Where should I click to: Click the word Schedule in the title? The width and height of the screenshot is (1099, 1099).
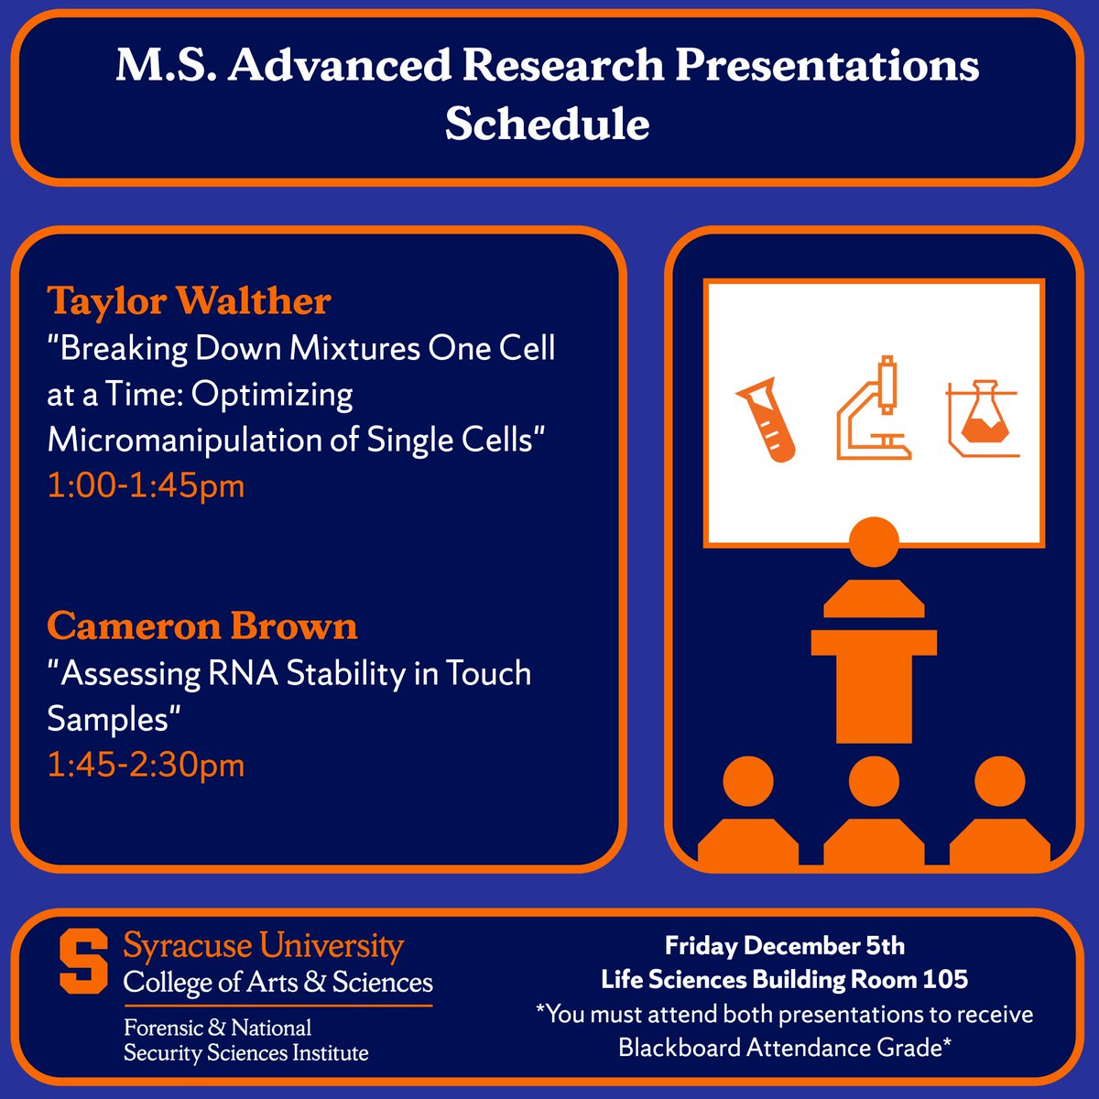click(x=547, y=124)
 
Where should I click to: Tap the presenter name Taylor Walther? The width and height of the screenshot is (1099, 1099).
click(x=189, y=300)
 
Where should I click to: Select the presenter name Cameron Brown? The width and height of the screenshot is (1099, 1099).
click(x=201, y=626)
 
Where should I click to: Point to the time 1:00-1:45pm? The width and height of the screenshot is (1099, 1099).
click(x=146, y=486)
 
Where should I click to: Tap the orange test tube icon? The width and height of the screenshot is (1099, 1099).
click(x=766, y=419)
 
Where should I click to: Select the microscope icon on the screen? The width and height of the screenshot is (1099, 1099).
click(x=874, y=408)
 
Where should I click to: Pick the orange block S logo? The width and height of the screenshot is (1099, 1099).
click(x=83, y=961)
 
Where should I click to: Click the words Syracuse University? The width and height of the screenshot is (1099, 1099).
click(x=264, y=947)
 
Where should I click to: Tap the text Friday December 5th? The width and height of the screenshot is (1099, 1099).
click(x=785, y=946)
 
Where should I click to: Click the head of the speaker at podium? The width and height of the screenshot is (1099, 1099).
click(x=874, y=542)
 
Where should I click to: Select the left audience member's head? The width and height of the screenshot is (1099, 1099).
click(x=748, y=781)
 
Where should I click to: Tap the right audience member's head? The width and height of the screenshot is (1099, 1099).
click(x=1000, y=781)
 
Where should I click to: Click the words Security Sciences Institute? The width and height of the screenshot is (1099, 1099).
click(x=245, y=1053)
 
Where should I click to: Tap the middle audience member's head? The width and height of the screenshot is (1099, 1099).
click(x=874, y=781)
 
